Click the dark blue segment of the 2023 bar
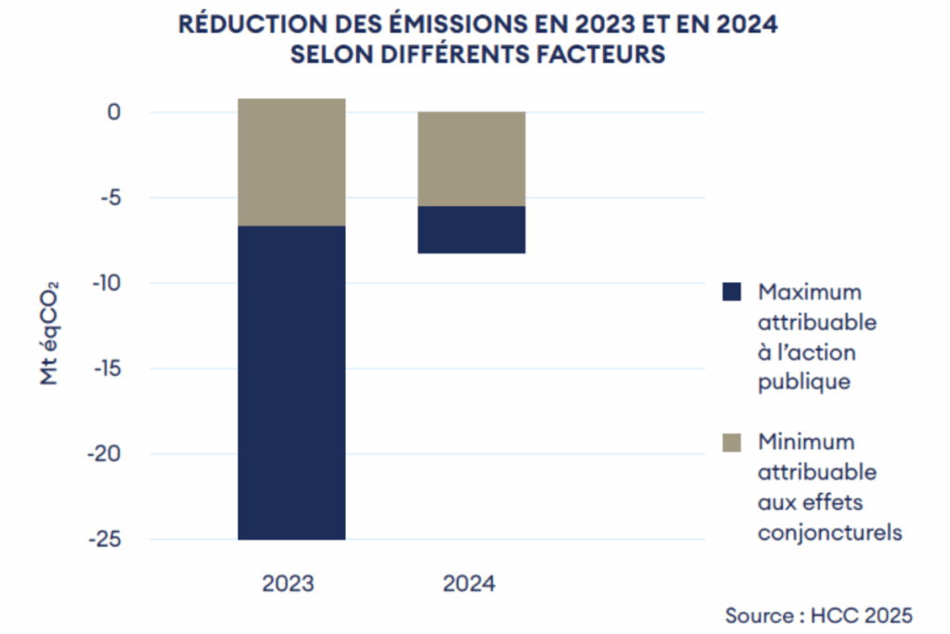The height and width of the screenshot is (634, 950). (x=291, y=382)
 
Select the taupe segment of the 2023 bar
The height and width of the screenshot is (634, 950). (x=291, y=162)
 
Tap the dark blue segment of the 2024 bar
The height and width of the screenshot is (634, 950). (x=471, y=229)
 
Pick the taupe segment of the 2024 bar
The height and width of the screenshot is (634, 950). (x=471, y=159)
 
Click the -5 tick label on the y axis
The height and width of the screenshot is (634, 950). (x=109, y=198)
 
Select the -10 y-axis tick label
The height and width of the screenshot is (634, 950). (x=105, y=283)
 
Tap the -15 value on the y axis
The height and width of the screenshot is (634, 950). (x=105, y=369)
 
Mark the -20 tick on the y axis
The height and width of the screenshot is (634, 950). (x=104, y=454)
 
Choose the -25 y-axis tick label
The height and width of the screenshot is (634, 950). (x=104, y=539)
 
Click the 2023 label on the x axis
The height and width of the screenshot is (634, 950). (x=289, y=584)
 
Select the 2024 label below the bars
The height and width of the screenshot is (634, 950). (x=469, y=584)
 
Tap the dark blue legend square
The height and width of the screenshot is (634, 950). (x=732, y=292)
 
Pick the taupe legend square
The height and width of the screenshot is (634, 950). (x=732, y=443)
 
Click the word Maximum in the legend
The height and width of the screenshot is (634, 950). (x=809, y=292)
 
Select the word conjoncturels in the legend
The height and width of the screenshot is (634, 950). (x=829, y=533)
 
